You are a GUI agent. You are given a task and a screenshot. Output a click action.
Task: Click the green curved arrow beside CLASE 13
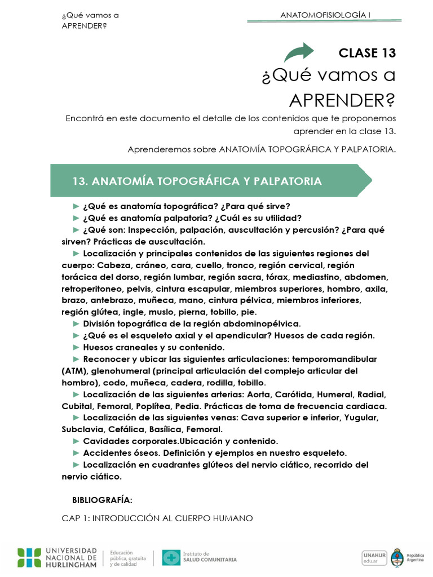pos(299,52)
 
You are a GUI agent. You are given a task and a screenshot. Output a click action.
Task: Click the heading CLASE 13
pos(367,53)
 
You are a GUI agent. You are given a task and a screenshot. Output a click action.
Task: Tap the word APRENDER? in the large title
pos(342,100)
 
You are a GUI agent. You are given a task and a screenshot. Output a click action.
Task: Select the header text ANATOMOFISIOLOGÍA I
pos(325,15)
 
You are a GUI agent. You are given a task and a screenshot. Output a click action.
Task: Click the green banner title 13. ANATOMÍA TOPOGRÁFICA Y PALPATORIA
pos(197,181)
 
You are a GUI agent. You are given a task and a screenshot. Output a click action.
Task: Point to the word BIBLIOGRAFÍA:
pos(102,500)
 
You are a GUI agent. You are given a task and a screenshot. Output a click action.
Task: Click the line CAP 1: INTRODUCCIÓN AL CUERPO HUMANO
pos(157,518)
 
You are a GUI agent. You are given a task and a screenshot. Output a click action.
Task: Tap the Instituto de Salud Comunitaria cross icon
pos(171,557)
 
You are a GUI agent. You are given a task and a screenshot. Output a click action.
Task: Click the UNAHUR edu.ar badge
pos(374,557)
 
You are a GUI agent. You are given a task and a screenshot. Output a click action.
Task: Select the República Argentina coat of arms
pos(397,557)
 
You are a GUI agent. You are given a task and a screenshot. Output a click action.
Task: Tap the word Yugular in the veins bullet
pos(361,418)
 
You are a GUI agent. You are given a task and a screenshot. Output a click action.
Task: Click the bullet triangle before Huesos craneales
pos(77,347)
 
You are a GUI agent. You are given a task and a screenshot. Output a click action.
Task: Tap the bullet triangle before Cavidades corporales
pos(77,441)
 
